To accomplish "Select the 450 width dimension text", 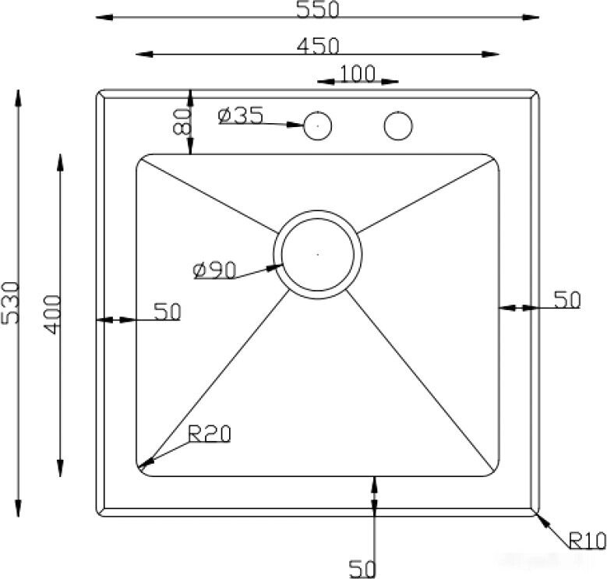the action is [x=318, y=46].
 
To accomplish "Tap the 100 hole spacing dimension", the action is [x=358, y=73].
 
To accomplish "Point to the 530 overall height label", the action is [x=10, y=302].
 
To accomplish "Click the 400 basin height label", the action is [x=52, y=315].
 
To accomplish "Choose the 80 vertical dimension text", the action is [x=182, y=121].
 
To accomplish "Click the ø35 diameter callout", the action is [x=241, y=115].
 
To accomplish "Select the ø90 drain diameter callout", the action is [x=214, y=270].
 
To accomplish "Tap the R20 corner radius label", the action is [x=209, y=433].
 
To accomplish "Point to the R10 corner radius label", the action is [x=588, y=540].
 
